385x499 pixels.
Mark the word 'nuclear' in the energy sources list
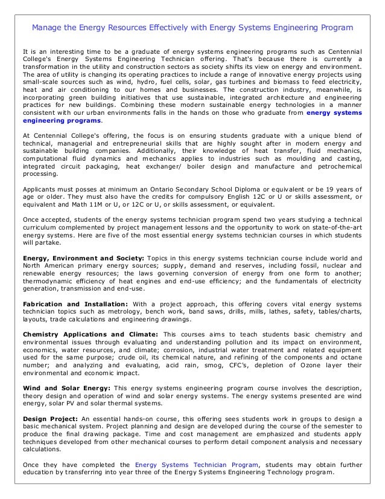tap(337, 266)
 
